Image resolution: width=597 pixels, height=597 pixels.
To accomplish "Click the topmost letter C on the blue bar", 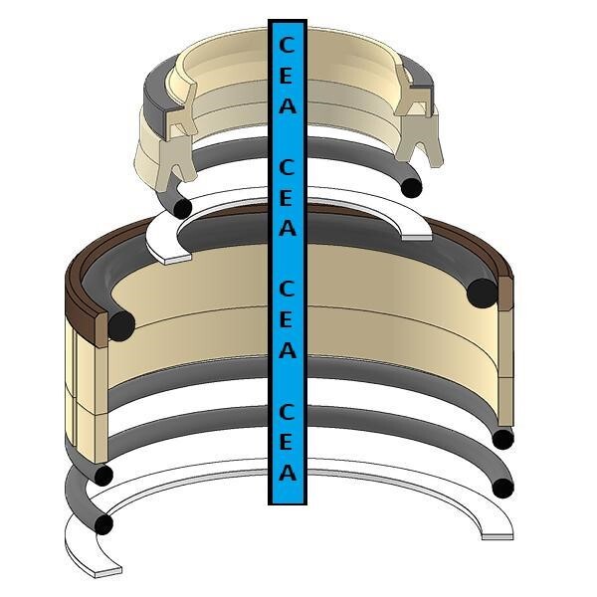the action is click(287, 45).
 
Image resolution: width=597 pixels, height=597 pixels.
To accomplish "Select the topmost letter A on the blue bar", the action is click(288, 105).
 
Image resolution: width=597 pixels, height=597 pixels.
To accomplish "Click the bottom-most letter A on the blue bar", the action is click(288, 472).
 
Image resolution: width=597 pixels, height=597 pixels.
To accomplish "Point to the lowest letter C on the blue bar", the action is click(287, 412).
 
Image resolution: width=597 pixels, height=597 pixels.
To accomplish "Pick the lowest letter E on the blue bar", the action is click(287, 442).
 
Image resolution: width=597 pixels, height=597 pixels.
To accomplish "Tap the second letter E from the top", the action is click(287, 198).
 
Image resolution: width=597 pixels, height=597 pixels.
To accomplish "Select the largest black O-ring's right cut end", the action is click(482, 294).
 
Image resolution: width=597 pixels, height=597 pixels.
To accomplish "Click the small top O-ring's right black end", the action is click(412, 188).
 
